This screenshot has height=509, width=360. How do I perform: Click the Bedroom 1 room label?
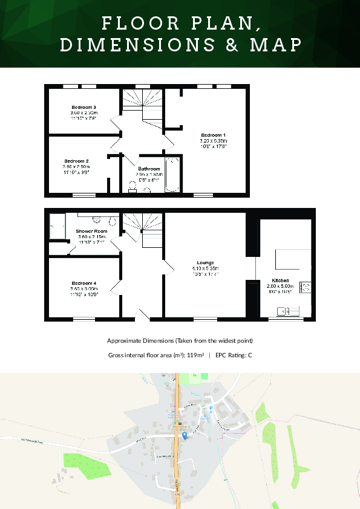click(x=213, y=134)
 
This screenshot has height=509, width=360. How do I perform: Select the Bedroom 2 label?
click(x=77, y=161)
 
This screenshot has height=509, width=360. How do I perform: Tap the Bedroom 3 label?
click(x=83, y=107)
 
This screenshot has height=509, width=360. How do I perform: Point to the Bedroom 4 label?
click(x=83, y=283)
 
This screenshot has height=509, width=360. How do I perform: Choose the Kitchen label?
click(x=280, y=280)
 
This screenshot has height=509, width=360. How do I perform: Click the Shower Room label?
click(x=91, y=232)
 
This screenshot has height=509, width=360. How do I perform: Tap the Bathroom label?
click(x=149, y=169)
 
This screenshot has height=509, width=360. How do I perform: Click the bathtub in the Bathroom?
click(x=172, y=175)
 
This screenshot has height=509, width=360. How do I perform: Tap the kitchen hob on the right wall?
click(x=306, y=288)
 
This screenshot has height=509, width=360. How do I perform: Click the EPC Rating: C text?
click(x=234, y=355)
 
